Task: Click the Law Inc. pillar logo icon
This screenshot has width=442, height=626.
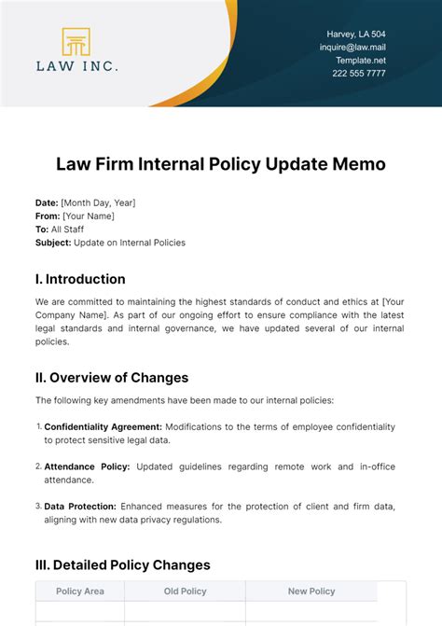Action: pos(76,42)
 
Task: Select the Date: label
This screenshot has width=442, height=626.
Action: pos(47,202)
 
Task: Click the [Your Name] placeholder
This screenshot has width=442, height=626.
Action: pos(88,216)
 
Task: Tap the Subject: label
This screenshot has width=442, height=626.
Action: pos(53,243)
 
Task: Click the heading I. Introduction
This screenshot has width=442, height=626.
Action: pos(80,279)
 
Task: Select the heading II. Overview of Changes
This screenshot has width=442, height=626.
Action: pos(112,378)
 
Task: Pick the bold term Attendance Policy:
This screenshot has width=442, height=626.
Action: pos(86,466)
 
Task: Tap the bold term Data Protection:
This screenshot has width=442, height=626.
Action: pos(80,507)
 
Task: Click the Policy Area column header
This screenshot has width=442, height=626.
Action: pos(80,591)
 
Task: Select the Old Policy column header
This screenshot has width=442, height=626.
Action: pos(185,591)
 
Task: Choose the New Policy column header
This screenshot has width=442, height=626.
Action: pos(311,591)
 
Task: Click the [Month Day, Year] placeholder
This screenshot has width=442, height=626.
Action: pos(98,202)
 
